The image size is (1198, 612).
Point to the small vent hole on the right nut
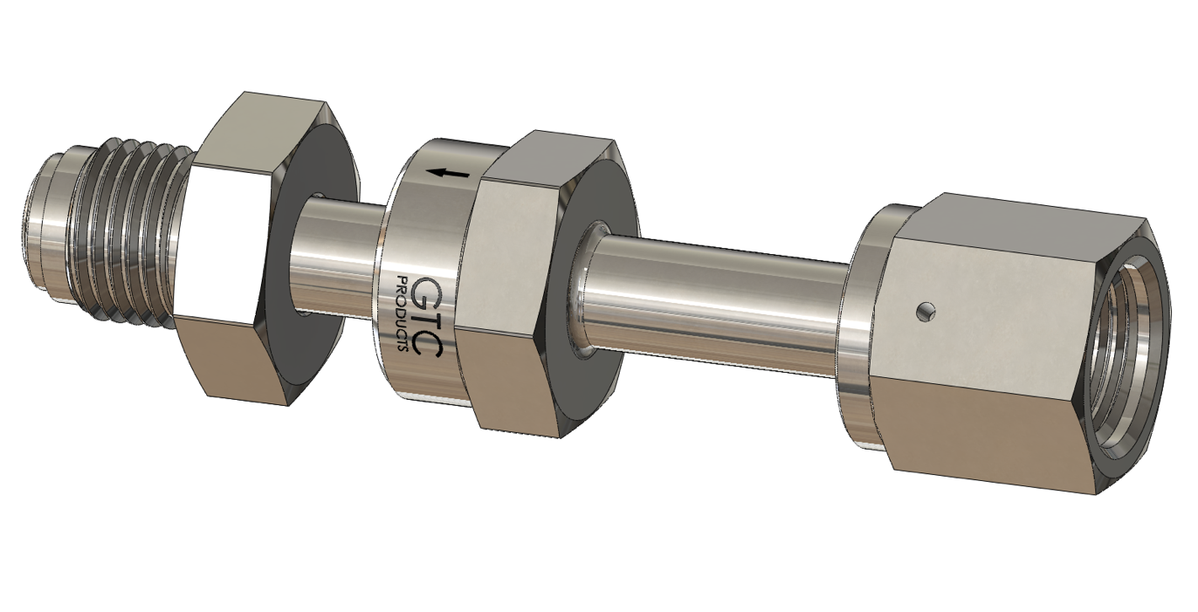(926, 309)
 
